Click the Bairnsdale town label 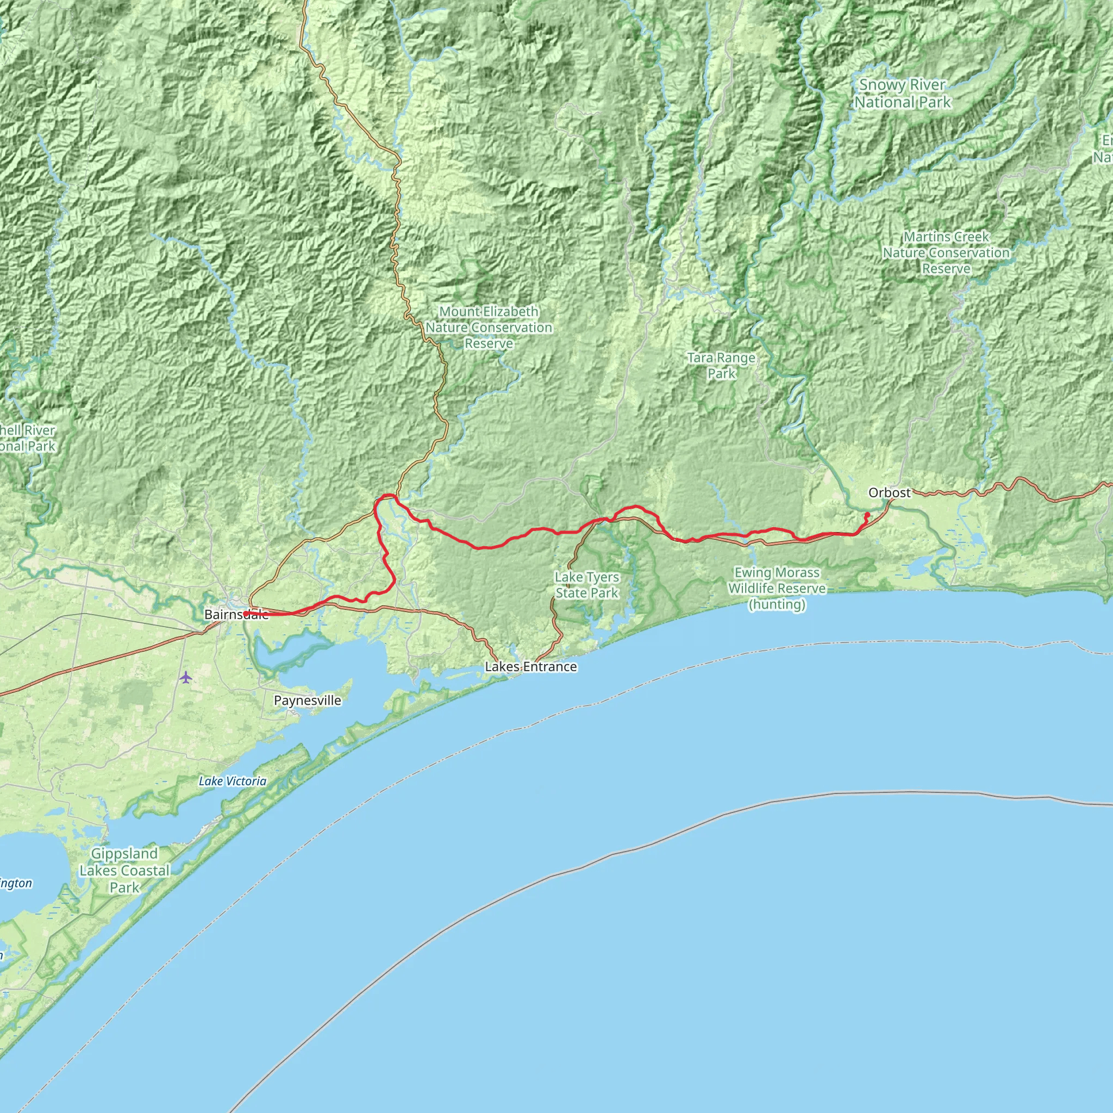coord(236,615)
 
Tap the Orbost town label coord(890,492)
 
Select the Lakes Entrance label coord(530,666)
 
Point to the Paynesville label coord(307,701)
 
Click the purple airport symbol coord(185,677)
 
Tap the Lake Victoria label coord(232,781)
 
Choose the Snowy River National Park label coord(902,93)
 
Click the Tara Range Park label coord(721,365)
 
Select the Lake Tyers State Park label coord(586,585)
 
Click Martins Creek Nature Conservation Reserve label coord(946,252)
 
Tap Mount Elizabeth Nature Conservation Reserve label coord(489,327)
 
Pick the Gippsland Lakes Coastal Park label coord(124,871)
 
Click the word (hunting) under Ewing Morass coord(777,604)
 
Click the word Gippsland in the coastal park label coord(124,854)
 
